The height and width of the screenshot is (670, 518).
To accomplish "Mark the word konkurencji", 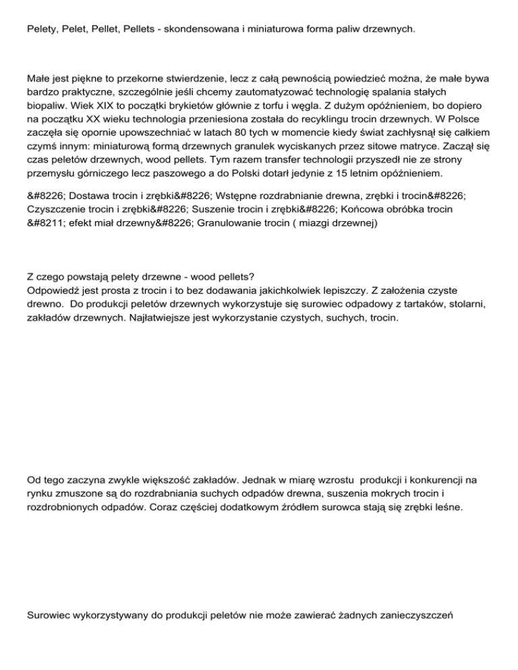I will pos(428,480).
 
